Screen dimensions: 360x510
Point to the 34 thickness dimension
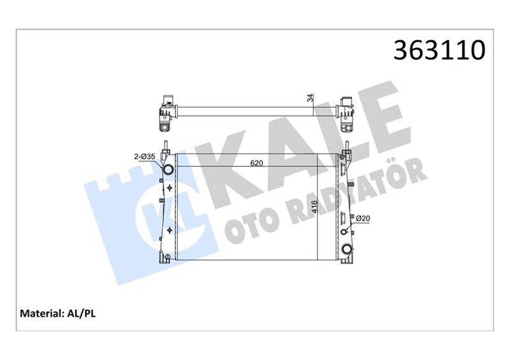(310, 98)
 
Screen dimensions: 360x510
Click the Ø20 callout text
(363, 219)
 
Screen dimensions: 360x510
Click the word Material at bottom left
(41, 313)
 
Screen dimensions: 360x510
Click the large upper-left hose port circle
(168, 171)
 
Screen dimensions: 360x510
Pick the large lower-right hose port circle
(347, 248)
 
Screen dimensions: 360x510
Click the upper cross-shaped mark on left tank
(170, 188)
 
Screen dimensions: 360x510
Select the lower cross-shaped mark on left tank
(170, 229)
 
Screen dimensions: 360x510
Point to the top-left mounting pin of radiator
(164, 144)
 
